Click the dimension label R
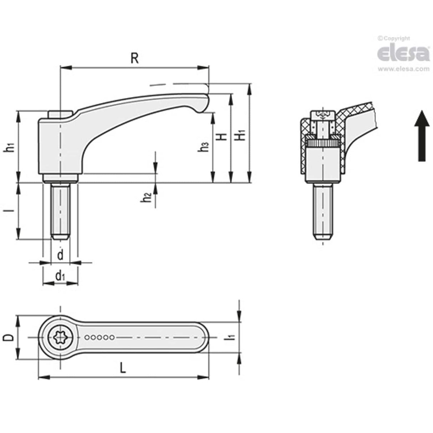coord(134,58)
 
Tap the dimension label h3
coord(204,147)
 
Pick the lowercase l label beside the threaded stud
coord(11,210)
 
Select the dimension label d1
coord(60,275)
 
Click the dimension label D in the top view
coord(10,337)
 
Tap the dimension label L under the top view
coord(122,367)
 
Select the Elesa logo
coord(403,53)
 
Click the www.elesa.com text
coord(403,69)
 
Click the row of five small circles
coord(100,337)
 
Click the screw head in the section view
coord(323,116)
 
